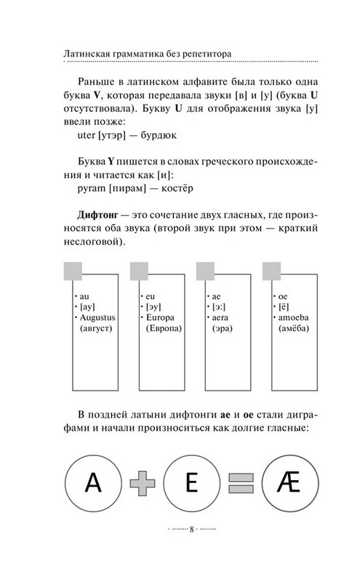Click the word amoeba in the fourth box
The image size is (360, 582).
point(293,319)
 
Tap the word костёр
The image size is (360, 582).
point(177,186)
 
